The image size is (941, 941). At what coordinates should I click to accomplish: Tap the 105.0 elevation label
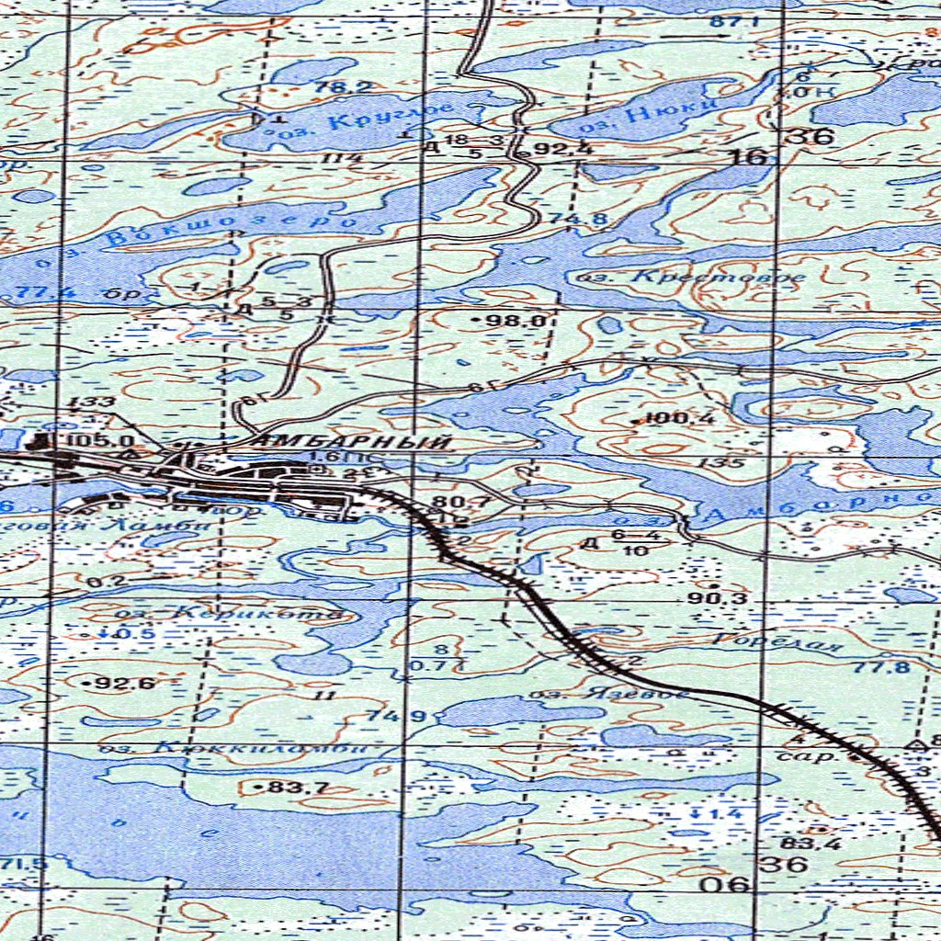99,441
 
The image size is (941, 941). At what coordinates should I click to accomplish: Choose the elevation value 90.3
718,598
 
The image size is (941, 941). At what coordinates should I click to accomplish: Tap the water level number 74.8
565,219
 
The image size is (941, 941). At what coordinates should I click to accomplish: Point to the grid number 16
749,157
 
